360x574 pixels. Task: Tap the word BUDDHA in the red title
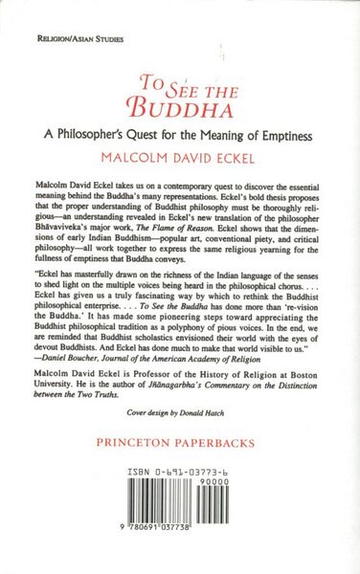179,103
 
